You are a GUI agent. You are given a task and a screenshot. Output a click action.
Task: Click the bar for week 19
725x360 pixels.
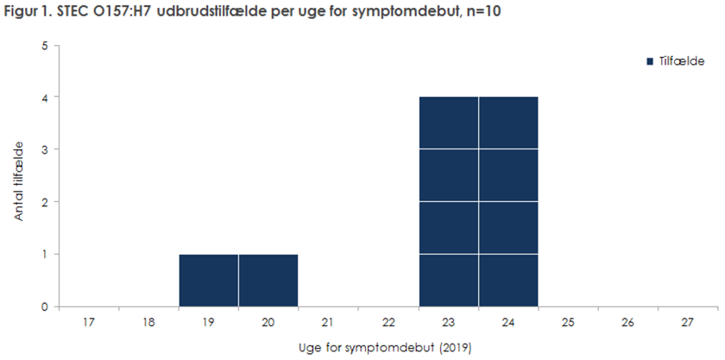point(209,281)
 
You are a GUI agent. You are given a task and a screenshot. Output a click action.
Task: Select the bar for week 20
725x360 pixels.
point(268,281)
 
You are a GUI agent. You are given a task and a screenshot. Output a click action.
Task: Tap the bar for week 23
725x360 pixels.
point(448,202)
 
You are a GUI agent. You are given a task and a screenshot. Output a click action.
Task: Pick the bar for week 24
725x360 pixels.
point(508,202)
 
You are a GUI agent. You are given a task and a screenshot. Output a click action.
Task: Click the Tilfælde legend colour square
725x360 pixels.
point(650,61)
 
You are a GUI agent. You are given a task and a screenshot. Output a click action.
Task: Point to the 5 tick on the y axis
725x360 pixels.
point(43,45)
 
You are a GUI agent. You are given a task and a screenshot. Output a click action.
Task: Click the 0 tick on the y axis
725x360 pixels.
point(43,306)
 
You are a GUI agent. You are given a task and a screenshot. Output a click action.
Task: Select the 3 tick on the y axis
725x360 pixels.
point(43,149)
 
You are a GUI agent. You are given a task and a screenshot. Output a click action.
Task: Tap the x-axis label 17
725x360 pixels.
point(89,322)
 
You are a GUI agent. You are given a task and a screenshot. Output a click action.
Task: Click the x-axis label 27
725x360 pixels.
point(687,322)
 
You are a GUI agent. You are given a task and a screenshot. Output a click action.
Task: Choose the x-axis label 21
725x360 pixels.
point(328,322)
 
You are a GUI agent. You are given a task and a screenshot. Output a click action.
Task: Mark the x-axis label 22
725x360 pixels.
point(388,322)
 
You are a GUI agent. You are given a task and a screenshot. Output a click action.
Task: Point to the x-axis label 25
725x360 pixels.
point(568,322)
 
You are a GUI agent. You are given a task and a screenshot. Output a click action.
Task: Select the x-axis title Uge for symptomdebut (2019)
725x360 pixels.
point(388,346)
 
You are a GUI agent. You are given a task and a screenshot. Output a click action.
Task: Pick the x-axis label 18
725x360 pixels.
point(148,322)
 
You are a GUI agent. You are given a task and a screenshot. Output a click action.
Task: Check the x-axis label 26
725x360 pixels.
point(627,322)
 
